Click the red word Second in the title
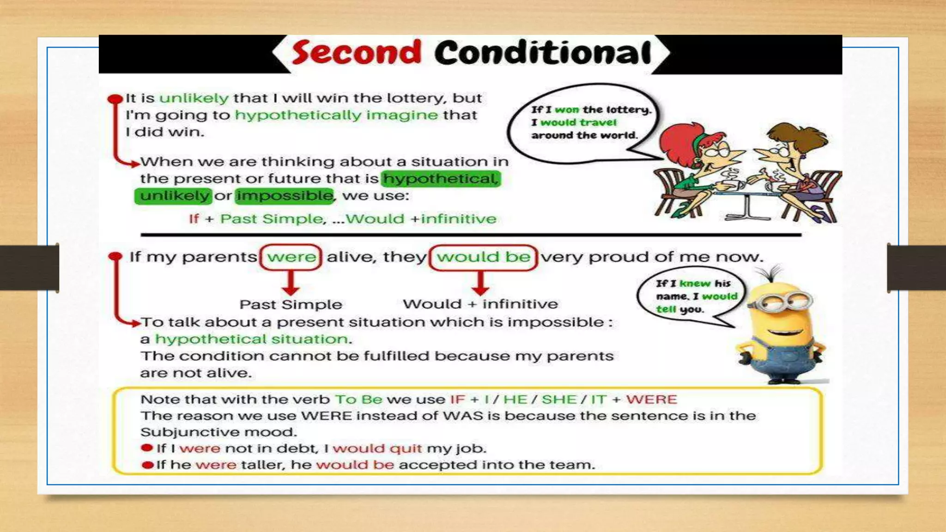coord(356,53)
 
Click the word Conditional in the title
coord(543,53)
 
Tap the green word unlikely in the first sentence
coord(194,98)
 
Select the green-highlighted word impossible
coord(284,196)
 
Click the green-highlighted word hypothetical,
coord(441,178)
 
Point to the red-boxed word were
coord(291,257)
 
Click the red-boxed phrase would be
coord(483,257)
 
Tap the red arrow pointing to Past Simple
coord(291,283)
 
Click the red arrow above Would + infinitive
coord(480,283)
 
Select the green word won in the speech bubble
coord(566,109)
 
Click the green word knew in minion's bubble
coord(695,284)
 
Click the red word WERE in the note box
coord(651,399)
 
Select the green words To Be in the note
coord(358,399)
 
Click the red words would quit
coord(377,448)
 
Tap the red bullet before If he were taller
coord(148,465)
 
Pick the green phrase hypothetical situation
coord(251,339)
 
